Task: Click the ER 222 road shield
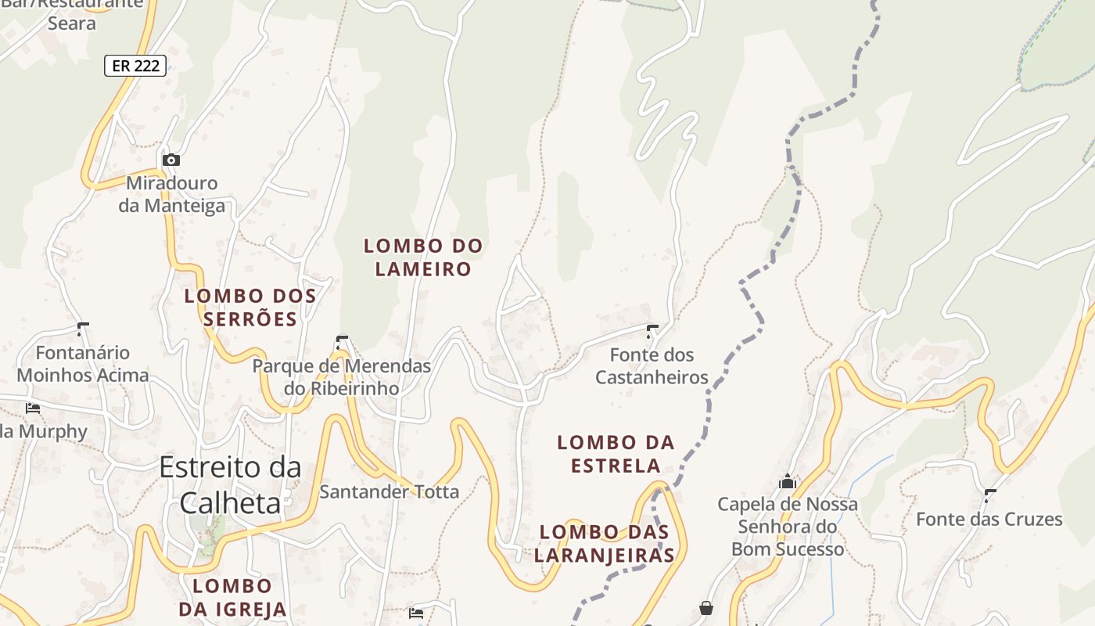136,66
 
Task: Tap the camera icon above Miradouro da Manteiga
171,160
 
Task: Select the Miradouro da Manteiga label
172,194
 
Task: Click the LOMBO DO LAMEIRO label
423,257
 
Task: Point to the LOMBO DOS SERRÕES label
250,308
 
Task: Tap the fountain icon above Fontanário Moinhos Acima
83,329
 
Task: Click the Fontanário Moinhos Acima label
83,364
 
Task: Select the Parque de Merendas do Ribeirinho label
341,376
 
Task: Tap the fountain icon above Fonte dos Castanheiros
652,332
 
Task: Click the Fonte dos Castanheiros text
652,366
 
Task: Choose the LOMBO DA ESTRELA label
616,454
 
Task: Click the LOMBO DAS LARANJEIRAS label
607,544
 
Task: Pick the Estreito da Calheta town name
230,484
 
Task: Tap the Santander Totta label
389,492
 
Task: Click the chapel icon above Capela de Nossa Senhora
787,481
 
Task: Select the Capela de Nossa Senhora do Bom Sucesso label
788,526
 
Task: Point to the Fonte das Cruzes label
989,519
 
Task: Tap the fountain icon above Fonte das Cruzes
990,495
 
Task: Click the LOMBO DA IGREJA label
232,597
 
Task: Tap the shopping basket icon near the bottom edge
706,608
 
